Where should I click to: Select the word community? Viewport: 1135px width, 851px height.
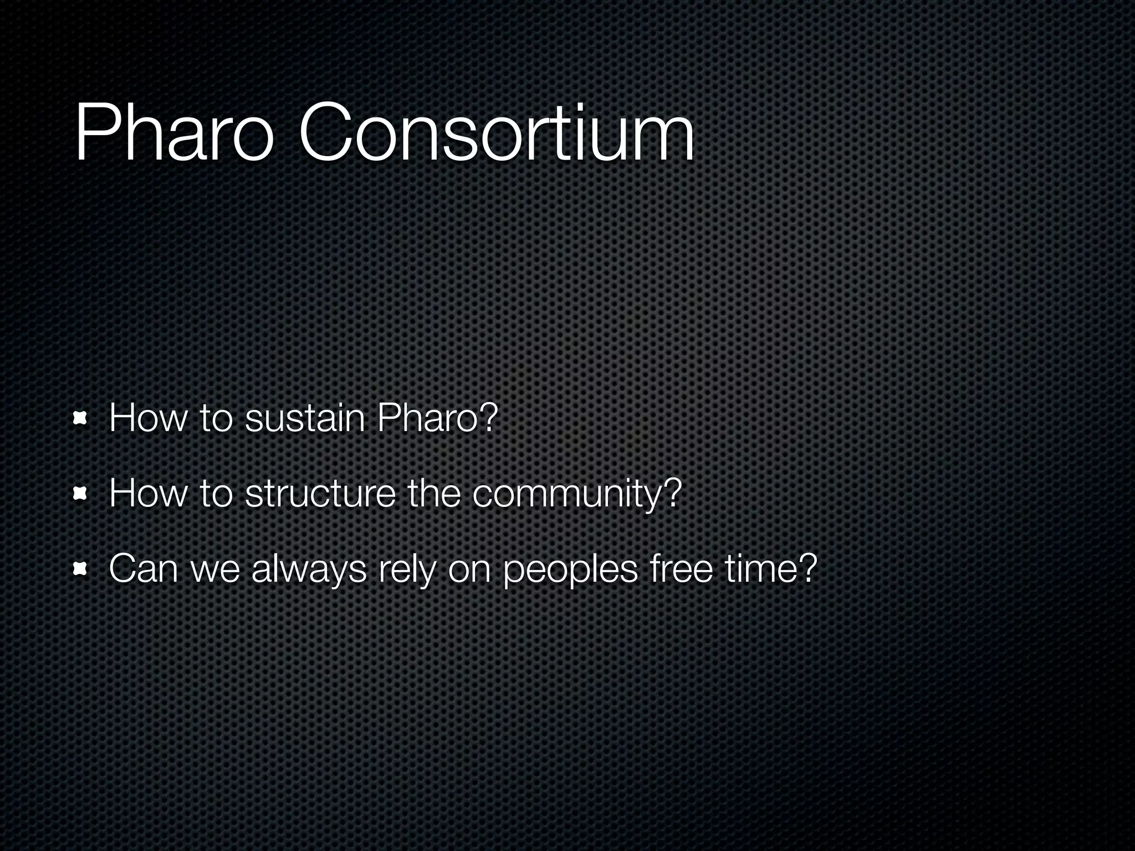coord(576,494)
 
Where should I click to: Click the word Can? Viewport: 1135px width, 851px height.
coord(144,569)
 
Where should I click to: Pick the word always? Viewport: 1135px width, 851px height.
coord(308,569)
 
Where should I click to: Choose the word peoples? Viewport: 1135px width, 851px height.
coord(570,569)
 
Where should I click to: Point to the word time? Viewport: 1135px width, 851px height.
coord(771,569)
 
